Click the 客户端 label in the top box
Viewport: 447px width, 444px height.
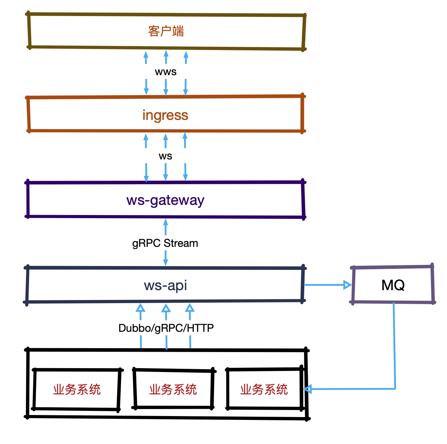tap(166, 31)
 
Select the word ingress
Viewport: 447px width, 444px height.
tap(165, 115)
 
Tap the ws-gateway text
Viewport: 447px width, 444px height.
tap(165, 200)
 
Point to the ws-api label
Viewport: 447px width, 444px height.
tap(165, 285)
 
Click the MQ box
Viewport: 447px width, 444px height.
tap(393, 285)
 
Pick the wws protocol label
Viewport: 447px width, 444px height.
tap(166, 72)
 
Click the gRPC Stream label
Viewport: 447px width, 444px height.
tap(165, 243)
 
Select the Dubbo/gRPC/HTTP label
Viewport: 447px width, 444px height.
tap(166, 328)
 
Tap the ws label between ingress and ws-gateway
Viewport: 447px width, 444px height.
tap(165, 156)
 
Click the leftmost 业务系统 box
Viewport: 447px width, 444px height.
tap(77, 389)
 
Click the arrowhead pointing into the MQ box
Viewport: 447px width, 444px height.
tap(347, 285)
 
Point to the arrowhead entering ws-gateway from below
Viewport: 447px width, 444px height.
tap(166, 223)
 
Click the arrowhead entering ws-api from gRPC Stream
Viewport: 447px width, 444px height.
tap(166, 263)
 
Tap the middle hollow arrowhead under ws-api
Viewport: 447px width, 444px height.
tap(166, 308)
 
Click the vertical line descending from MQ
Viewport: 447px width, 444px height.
tap(394, 346)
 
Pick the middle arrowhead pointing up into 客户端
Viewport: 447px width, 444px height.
tap(166, 54)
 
